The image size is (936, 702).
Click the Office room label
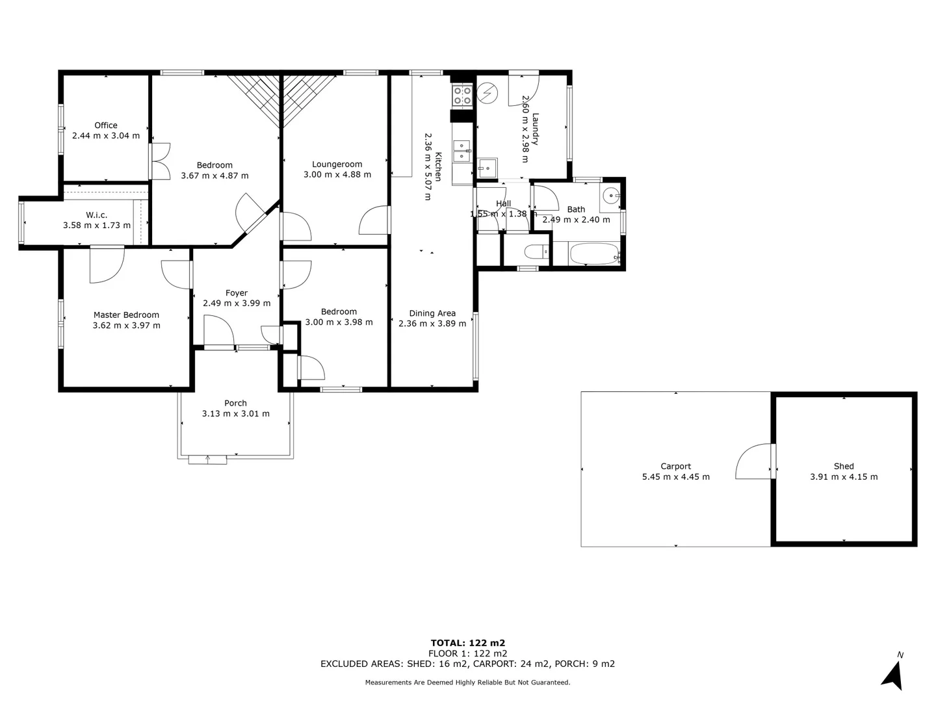pyautogui.click(x=106, y=125)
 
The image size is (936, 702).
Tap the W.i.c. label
pyautogui.click(x=97, y=215)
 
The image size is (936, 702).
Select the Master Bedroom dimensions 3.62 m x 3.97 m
pyautogui.click(x=127, y=326)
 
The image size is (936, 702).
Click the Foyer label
pyautogui.click(x=237, y=293)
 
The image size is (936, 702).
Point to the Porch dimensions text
pyautogui.click(x=236, y=414)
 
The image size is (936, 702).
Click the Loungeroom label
pyautogui.click(x=337, y=164)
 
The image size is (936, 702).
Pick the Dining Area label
pyautogui.click(x=432, y=313)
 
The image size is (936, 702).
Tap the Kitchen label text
pyautogui.click(x=439, y=166)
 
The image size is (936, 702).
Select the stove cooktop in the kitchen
pyautogui.click(x=462, y=96)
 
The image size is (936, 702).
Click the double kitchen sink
pyautogui.click(x=462, y=151)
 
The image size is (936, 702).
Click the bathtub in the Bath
pyautogui.click(x=594, y=254)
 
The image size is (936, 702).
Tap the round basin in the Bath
pyautogui.click(x=610, y=195)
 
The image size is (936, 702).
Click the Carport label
pyautogui.click(x=676, y=466)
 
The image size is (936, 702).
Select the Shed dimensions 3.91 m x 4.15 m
pyautogui.click(x=844, y=477)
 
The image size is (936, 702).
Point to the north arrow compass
pyautogui.click(x=894, y=673)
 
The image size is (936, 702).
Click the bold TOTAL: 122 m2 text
pyautogui.click(x=468, y=643)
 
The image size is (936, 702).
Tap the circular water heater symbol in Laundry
pyautogui.click(x=486, y=94)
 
